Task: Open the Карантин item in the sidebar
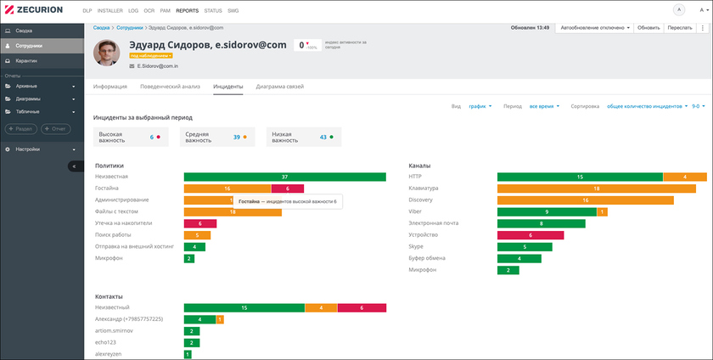25,61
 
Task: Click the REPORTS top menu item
187,10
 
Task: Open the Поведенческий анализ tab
171,87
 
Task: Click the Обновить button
648,28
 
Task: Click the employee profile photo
109,54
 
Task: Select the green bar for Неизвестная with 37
284,177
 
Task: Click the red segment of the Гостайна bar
288,188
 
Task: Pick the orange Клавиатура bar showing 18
596,188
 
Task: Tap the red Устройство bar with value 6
530,235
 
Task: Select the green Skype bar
525,247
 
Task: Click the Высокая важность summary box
131,137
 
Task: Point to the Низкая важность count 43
323,137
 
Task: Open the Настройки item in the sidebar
28,149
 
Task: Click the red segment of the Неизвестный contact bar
362,307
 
